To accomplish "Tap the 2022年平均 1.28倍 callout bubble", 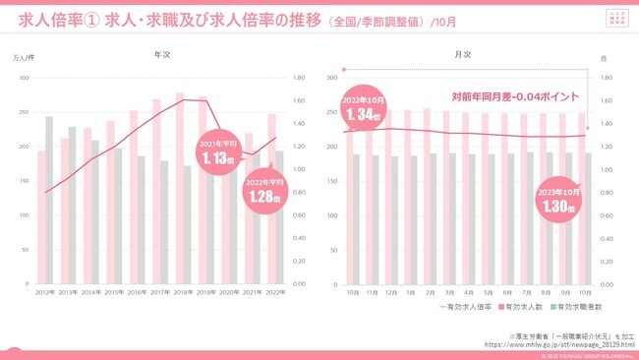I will (x=264, y=190).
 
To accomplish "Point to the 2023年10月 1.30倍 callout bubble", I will (x=557, y=201).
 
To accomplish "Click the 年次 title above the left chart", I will (x=163, y=56).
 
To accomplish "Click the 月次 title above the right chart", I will (x=463, y=56).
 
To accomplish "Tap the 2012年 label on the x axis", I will (x=45, y=293).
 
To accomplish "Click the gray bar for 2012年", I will (x=49, y=201).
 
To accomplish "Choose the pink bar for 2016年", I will (x=134, y=198).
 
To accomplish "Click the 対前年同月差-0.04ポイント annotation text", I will (x=515, y=96).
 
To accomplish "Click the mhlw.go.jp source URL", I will (x=558, y=345).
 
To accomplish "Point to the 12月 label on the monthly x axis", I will (x=390, y=293).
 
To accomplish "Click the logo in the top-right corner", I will (x=615, y=18).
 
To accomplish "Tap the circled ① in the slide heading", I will (x=90, y=20).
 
